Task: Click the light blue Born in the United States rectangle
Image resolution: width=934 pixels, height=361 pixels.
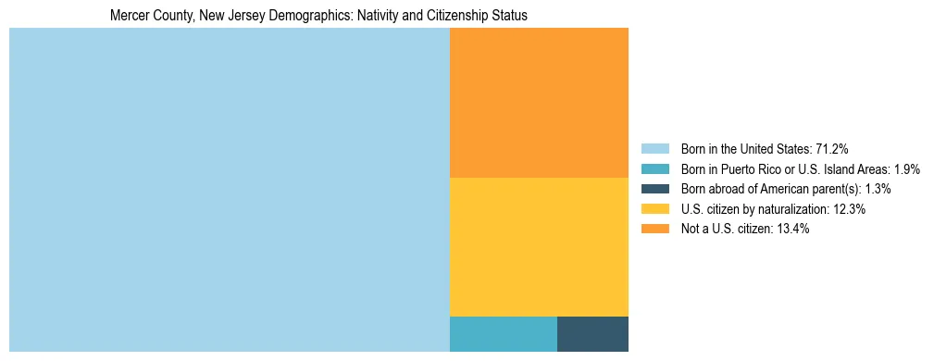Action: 229,190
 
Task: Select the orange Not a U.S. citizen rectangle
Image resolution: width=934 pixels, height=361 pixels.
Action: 539,102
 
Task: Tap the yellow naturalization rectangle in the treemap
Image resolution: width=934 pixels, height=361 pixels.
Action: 539,246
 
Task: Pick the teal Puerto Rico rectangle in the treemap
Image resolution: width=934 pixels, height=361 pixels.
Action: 503,333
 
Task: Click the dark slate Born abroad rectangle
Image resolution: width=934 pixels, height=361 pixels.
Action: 592,333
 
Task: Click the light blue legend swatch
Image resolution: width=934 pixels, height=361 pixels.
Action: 655,148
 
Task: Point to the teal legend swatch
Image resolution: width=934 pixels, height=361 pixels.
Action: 655,168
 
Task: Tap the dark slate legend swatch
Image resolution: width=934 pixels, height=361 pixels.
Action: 655,189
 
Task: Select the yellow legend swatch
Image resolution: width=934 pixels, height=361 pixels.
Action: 655,209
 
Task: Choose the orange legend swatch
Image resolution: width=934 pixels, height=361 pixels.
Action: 655,230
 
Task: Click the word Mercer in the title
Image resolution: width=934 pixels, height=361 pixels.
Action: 127,17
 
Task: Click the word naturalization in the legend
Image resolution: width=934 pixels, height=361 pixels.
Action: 796,209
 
